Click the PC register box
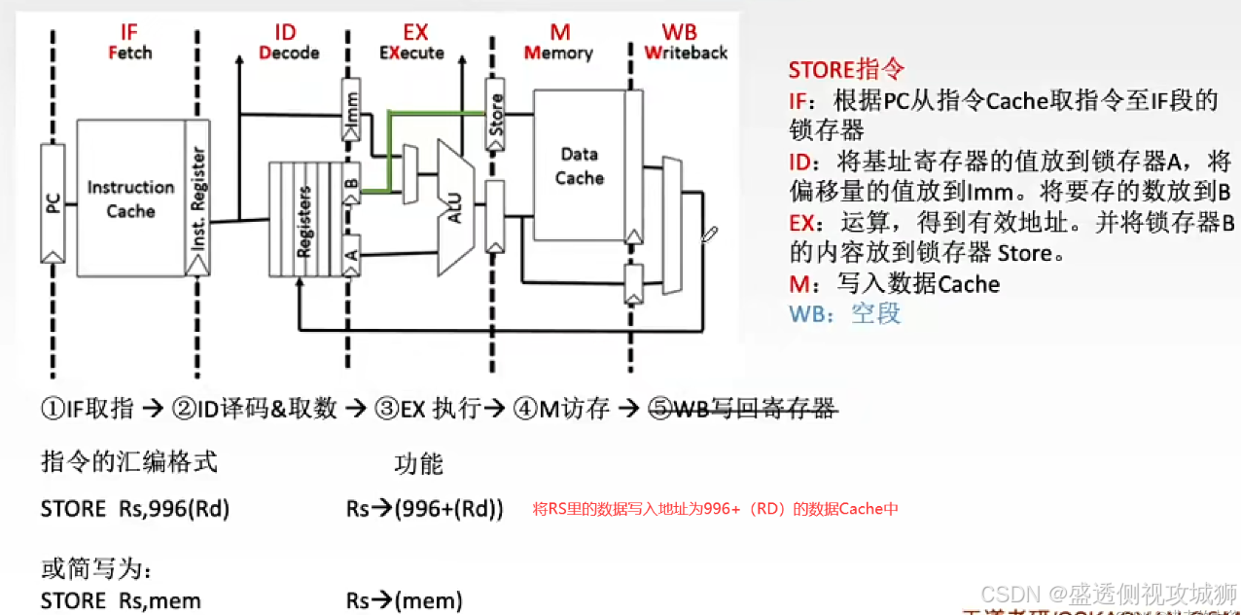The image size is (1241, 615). [53, 202]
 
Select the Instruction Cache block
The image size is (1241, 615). [130, 198]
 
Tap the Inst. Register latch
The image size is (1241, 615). [197, 199]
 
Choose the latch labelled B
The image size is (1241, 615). [351, 181]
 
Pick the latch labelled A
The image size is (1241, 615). [351, 254]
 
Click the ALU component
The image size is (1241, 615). [453, 205]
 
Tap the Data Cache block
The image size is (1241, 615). [580, 165]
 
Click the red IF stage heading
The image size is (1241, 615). [129, 32]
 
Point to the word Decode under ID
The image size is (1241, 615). [289, 53]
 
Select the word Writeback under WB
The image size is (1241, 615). [686, 53]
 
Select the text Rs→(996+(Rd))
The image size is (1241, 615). [424, 509]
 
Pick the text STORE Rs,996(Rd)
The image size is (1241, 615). [135, 509]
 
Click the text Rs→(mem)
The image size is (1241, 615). [404, 600]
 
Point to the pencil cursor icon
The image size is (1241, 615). [710, 234]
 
